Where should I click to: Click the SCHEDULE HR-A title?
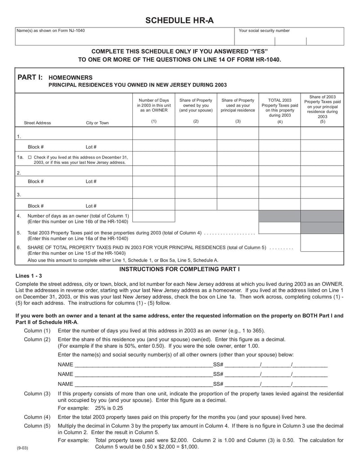pos(179,20)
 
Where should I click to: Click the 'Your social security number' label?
pos(264,31)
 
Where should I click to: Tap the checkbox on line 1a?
pos(30,158)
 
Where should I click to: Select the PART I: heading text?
pos(30,77)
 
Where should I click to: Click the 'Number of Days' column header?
pos(154,105)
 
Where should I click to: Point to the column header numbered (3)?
pos(238,122)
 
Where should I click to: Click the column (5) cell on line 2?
pos(322,172)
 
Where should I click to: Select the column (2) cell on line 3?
pos(196,195)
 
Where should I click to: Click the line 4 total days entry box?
pos(154,216)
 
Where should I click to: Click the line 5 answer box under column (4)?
pos(279,228)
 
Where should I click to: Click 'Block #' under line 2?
pos(36,181)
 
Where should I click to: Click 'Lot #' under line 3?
pos(91,206)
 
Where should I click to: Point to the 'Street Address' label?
pos(37,123)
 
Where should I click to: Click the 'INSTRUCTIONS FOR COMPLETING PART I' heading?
pos(180,269)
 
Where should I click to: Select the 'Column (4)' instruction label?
pos(37,417)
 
